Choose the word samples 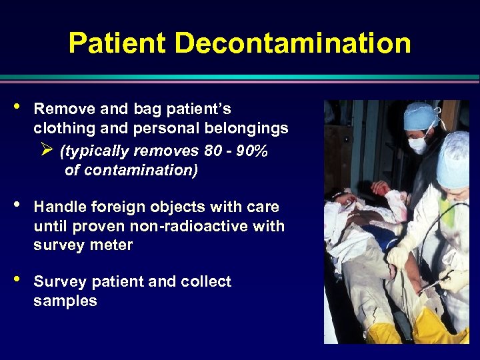click(x=65, y=301)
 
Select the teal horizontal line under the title click(x=240, y=78)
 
